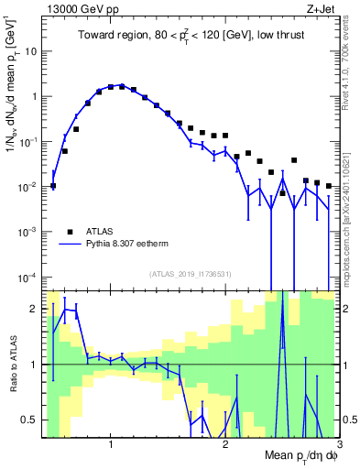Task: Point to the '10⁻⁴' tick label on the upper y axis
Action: (27, 277)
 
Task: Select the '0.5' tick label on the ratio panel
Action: (29, 420)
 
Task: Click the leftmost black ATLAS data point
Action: (53, 186)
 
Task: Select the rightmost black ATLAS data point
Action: (328, 186)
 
